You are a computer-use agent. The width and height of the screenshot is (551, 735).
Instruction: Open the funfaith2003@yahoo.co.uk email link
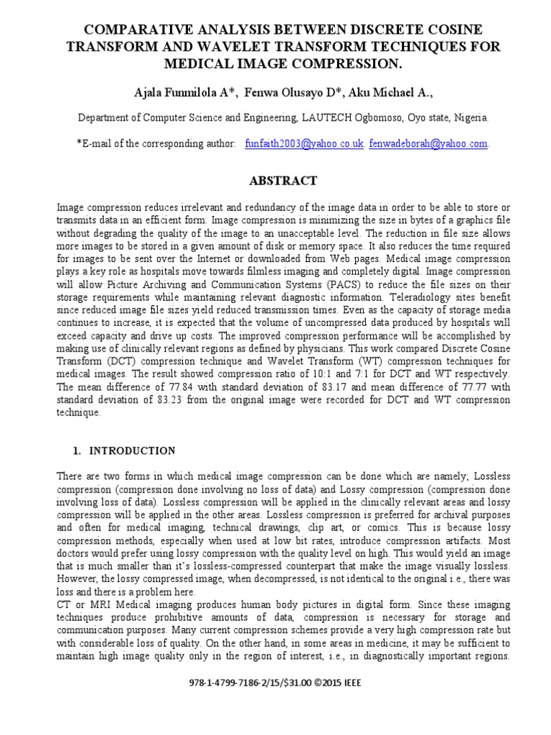tap(305, 144)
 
